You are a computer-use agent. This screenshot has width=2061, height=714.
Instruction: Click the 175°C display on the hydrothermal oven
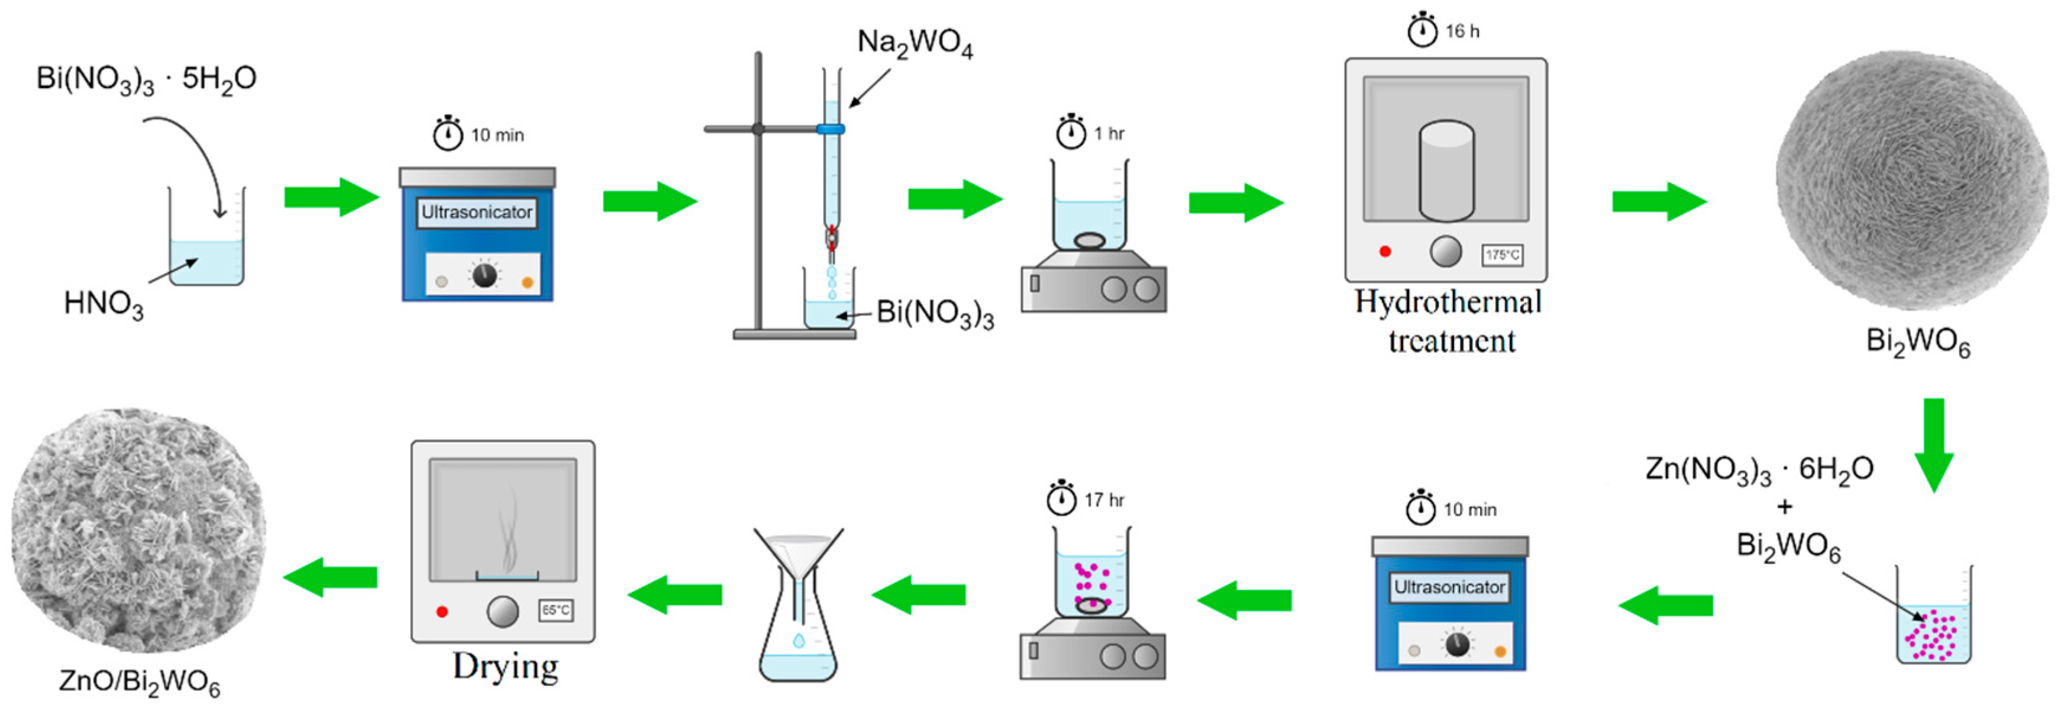tap(1502, 255)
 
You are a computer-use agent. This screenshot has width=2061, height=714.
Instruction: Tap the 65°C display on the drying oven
tap(555, 611)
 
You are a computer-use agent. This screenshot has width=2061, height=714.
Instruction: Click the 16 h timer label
tap(1462, 32)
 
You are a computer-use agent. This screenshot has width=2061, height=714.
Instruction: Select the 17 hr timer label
tap(1103, 500)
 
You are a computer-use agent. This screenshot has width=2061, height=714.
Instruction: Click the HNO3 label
tap(103, 304)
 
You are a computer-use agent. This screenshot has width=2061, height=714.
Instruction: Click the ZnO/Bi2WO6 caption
tap(139, 682)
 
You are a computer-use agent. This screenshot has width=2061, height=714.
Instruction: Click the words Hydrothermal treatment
tap(1449, 321)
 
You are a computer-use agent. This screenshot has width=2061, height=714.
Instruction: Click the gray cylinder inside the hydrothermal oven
tap(1446, 171)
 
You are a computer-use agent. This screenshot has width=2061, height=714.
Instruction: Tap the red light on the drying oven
tap(442, 612)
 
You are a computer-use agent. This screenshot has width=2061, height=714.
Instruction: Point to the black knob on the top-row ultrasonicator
tap(484, 275)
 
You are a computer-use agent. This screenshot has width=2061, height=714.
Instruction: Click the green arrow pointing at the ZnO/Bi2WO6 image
tap(331, 577)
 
